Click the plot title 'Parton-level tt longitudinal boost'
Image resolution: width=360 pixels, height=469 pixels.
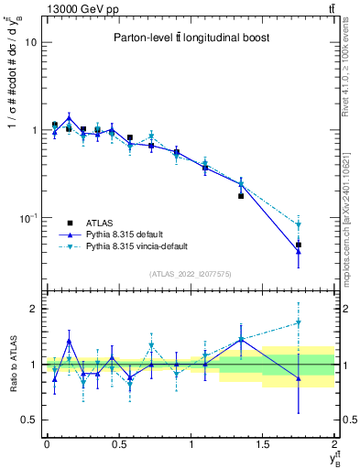pyautogui.click(x=191, y=38)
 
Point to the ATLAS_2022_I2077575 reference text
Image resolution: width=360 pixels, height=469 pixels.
pyautogui.click(x=191, y=273)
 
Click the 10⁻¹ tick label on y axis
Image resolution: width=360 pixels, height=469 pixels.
pyautogui.click(x=27, y=218)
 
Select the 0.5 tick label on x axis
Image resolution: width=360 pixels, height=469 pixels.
pyautogui.click(x=118, y=444)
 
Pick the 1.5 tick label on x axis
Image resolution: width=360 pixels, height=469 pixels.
pyautogui.click(x=263, y=444)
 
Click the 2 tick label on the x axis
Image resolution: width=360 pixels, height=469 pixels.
pyautogui.click(x=335, y=444)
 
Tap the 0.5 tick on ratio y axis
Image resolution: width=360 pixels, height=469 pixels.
pyautogui.click(x=27, y=420)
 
